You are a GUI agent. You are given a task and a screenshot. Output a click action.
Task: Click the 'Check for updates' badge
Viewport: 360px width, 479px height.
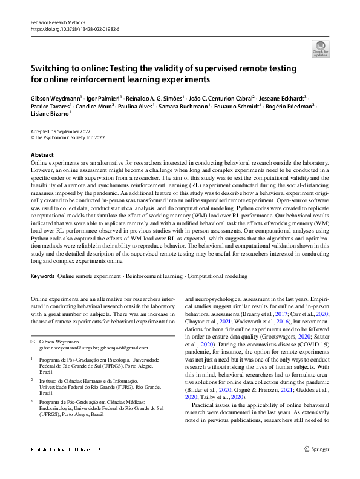320,48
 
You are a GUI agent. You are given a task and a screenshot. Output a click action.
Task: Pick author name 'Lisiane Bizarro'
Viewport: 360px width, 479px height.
50,113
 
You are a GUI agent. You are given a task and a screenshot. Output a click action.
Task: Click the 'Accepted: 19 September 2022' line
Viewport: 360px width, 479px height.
62,132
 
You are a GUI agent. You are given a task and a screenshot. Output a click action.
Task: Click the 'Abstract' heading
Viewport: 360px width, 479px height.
42,155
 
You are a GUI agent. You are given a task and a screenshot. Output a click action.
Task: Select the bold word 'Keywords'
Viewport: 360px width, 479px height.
42,276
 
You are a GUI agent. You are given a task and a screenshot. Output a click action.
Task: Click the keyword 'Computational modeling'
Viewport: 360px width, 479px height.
217,276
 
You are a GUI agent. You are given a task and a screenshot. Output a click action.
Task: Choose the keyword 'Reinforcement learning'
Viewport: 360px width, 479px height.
154,276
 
